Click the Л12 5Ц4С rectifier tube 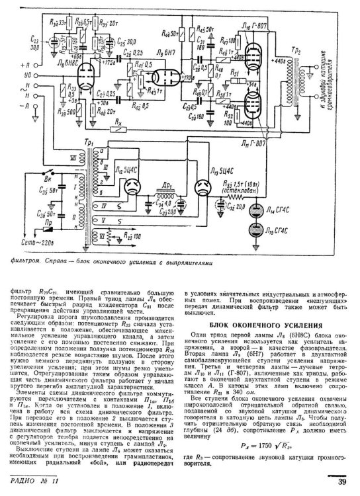point(128,189)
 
